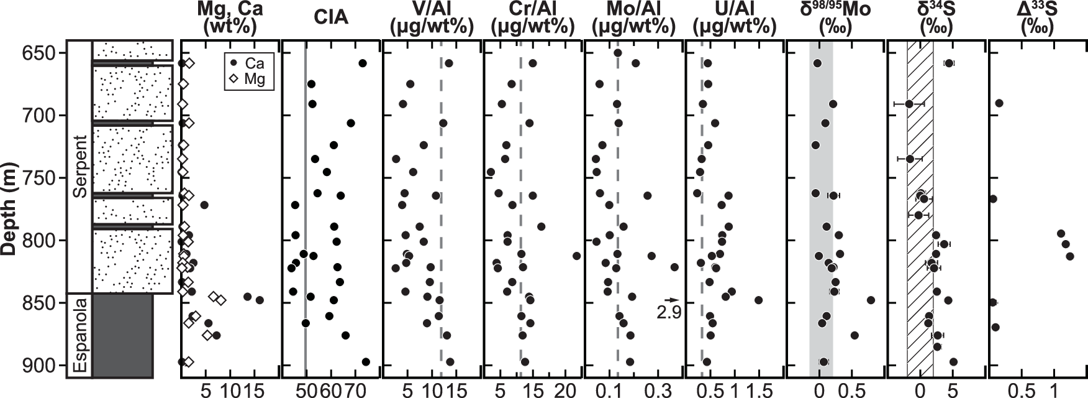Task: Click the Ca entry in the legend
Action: tap(248, 63)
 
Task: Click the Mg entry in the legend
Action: tap(248, 79)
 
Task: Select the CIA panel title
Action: tap(332, 18)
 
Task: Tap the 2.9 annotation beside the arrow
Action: tap(669, 312)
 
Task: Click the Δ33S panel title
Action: tap(1037, 17)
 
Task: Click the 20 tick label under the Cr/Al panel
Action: tap(565, 390)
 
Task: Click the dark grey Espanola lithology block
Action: tap(123, 336)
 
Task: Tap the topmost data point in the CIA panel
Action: tap(363, 63)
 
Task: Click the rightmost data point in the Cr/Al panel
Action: tap(577, 256)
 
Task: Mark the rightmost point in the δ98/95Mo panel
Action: tap(871, 300)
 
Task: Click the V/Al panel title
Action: tap(432, 17)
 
